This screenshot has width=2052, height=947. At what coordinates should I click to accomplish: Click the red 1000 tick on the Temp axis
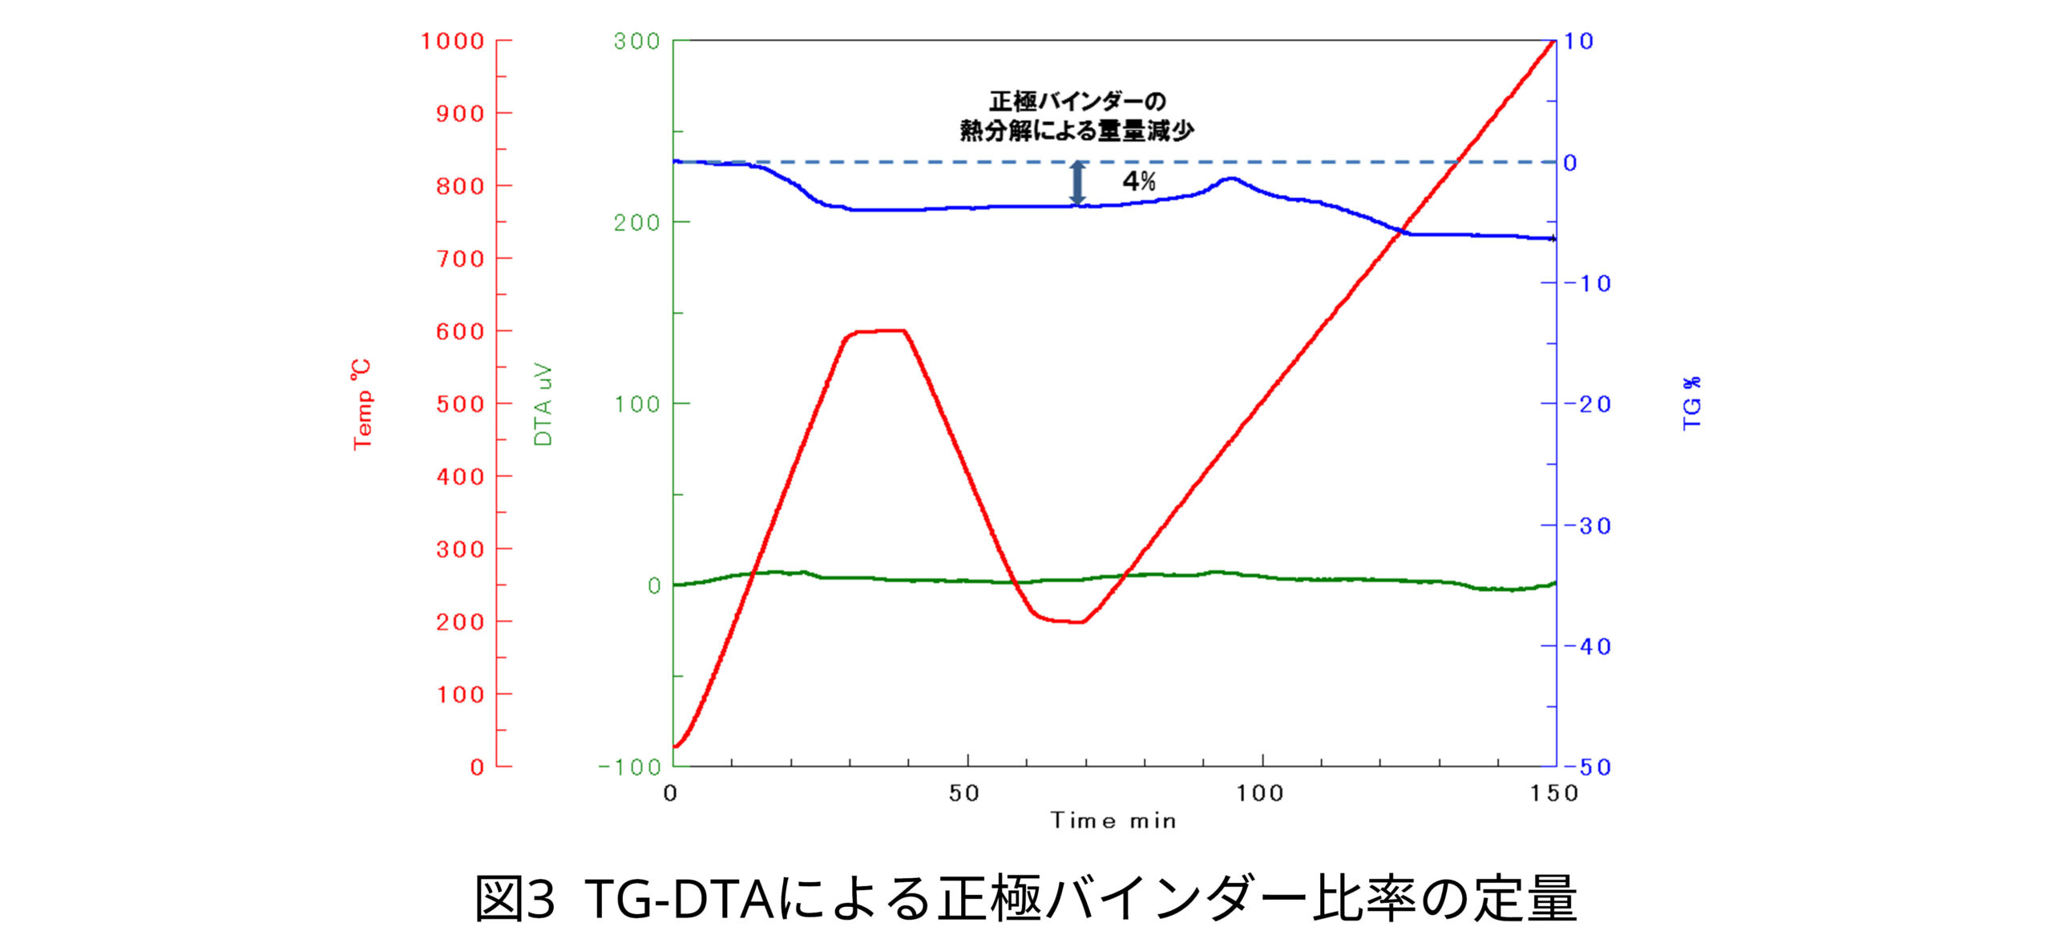click(454, 41)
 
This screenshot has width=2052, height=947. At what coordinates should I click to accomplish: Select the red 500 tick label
click(461, 404)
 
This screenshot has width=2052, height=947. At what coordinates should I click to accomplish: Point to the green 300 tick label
click(636, 41)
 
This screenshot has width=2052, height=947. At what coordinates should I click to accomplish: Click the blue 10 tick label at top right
click(1578, 41)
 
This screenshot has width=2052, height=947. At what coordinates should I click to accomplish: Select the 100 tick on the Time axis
click(1259, 794)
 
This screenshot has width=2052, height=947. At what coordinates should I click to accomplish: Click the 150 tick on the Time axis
click(1554, 794)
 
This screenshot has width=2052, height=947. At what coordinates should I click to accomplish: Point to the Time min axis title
click(1113, 821)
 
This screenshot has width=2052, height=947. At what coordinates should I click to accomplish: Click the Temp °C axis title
click(362, 404)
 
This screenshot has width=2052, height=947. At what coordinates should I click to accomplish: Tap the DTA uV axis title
click(543, 404)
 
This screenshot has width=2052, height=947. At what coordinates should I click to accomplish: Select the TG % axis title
click(1691, 403)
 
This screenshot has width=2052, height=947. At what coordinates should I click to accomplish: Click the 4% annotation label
click(1138, 181)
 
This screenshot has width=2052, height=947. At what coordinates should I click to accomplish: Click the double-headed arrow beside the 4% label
click(1078, 184)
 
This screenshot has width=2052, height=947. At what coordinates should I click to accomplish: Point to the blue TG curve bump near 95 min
click(1231, 179)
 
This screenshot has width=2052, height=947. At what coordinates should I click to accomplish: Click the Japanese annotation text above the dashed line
click(1076, 116)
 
